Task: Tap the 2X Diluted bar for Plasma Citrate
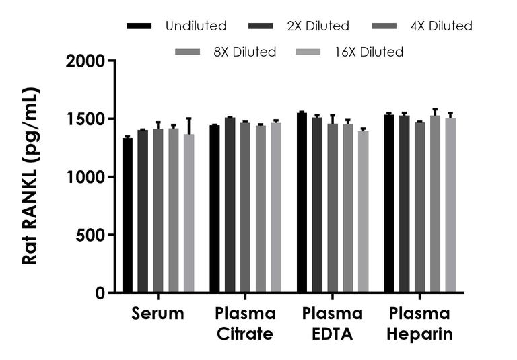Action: (x=230, y=205)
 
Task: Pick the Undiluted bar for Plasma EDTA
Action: (x=302, y=203)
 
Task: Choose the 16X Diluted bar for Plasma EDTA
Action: (x=363, y=212)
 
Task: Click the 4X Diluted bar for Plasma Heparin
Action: (x=419, y=207)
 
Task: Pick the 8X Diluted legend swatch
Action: (x=186, y=52)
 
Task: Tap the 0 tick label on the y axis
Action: (x=100, y=293)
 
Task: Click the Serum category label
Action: (x=158, y=314)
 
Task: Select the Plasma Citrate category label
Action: (x=245, y=324)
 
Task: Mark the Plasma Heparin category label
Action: (x=419, y=324)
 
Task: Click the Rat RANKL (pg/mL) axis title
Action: (x=30, y=176)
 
